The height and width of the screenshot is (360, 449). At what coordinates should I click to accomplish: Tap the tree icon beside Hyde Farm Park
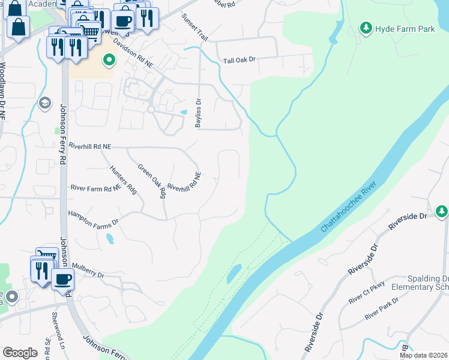pyautogui.click(x=365, y=28)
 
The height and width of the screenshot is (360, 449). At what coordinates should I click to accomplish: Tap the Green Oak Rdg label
pyautogui.click(x=152, y=181)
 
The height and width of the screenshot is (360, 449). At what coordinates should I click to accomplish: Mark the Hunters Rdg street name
pyautogui.click(x=123, y=179)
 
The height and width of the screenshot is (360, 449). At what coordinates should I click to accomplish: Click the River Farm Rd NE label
pyautogui.click(x=95, y=188)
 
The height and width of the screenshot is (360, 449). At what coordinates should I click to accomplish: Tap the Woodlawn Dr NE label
pyautogui.click(x=4, y=90)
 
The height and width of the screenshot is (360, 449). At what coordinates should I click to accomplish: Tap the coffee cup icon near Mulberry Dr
pyautogui.click(x=62, y=279)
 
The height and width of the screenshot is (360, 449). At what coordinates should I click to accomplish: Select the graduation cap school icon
pyautogui.click(x=44, y=104)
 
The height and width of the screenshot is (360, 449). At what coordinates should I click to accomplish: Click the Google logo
pyautogui.click(x=20, y=352)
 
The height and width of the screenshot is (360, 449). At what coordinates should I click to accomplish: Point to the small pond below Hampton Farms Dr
pyautogui.click(x=109, y=238)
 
